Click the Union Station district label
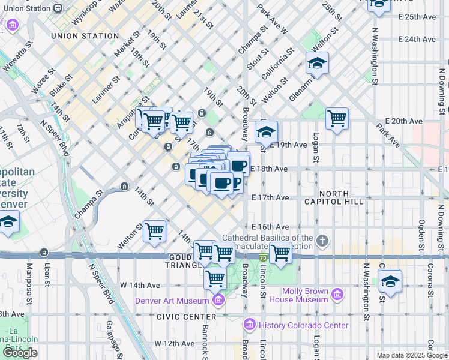click(85, 36)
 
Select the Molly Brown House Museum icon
click(337, 295)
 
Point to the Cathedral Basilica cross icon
click(323, 242)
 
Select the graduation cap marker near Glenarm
click(318, 62)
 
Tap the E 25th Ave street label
click(417, 17)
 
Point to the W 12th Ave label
click(174, 344)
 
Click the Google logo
click(20, 353)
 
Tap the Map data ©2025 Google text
click(412, 355)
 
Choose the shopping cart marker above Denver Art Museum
click(215, 278)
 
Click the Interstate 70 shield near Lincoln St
click(263, 257)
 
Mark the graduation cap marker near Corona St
click(390, 280)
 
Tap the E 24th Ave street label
click(417, 40)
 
